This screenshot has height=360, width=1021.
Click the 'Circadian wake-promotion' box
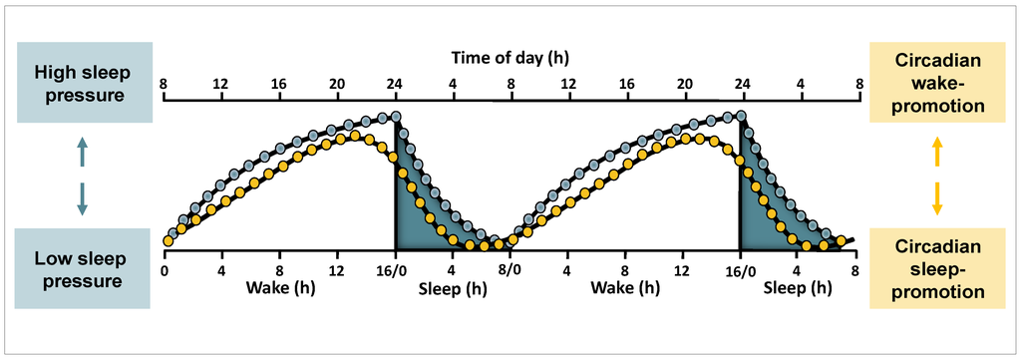[936, 83]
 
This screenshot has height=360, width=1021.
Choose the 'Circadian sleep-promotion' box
[936, 268]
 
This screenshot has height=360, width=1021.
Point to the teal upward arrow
[83, 153]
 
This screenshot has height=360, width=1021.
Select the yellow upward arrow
[936, 153]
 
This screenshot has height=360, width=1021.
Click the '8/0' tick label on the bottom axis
[510, 269]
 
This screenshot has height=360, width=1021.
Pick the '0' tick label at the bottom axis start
[165, 269]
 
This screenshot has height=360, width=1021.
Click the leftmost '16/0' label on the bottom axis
[396, 269]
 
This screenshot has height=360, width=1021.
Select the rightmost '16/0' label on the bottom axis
[739, 269]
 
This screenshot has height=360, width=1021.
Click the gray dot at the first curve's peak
[396, 117]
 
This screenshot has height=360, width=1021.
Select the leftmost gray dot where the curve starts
[172, 234]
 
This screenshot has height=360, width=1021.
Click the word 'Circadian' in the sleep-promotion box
[936, 245]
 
